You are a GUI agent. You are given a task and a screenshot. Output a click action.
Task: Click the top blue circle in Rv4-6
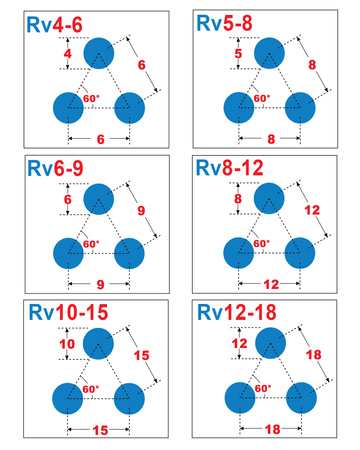99,53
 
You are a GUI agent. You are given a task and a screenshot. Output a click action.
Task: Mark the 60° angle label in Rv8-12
261,244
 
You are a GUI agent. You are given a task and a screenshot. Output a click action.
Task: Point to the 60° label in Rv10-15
90,389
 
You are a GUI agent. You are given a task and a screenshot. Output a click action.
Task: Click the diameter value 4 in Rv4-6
68,53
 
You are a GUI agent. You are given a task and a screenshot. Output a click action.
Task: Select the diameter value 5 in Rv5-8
238,53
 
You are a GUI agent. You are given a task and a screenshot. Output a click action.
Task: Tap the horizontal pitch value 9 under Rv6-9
99,284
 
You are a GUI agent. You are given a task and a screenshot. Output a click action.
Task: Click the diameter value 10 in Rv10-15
66,346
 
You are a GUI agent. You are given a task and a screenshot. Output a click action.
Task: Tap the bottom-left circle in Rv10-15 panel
67,399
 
